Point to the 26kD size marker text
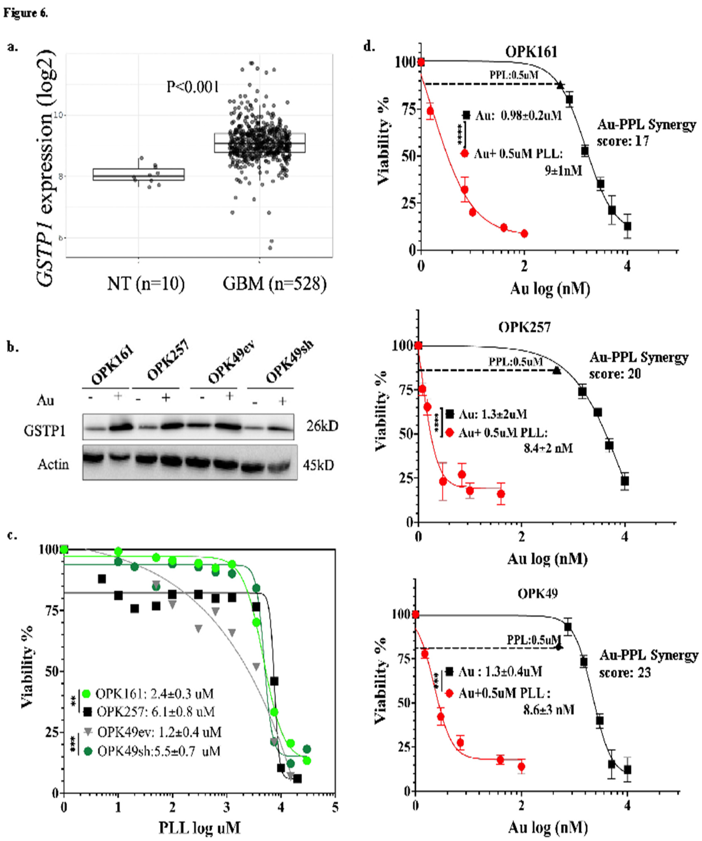pyautogui.click(x=322, y=426)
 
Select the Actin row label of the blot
pyautogui.click(x=53, y=465)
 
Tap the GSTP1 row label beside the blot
pyautogui.click(x=45, y=431)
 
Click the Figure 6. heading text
pyautogui.click(x=26, y=13)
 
